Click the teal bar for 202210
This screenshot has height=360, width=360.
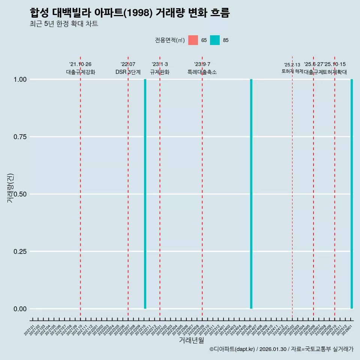tap(145, 194)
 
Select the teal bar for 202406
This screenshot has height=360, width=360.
tap(251, 194)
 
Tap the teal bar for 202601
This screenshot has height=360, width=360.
tap(352, 194)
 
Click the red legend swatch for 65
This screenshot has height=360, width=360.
tap(193, 40)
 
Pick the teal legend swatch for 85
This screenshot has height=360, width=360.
tap(215, 40)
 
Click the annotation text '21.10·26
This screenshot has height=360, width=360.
tap(80, 64)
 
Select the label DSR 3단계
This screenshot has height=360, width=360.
tap(128, 72)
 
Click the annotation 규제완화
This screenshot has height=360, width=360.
tap(160, 72)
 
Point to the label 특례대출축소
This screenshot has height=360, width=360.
tap(202, 72)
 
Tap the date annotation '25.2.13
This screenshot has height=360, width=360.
tap(292, 65)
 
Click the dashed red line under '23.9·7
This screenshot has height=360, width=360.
tap(202, 187)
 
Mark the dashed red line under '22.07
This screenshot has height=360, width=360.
tap(128, 187)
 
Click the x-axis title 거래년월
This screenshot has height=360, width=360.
tap(191, 340)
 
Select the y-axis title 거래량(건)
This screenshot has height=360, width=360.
tap(10, 188)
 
